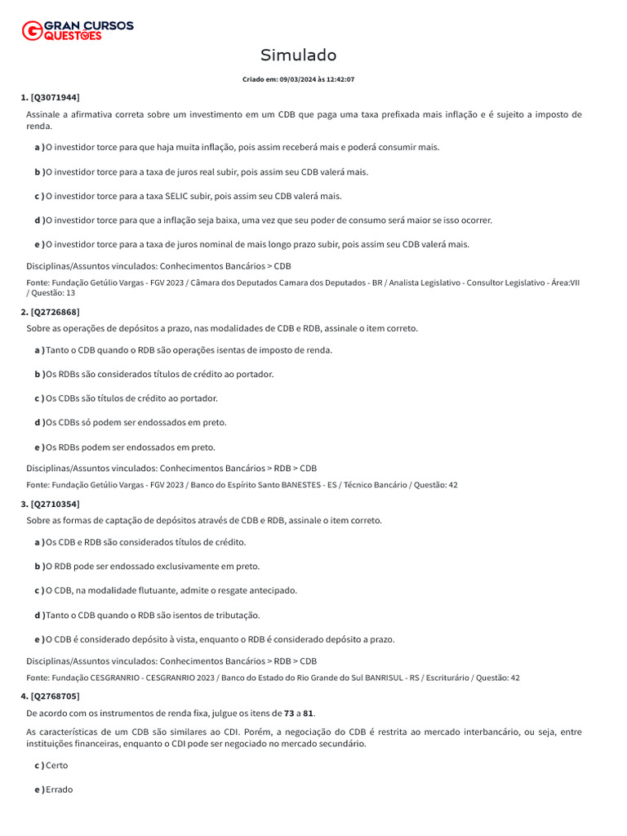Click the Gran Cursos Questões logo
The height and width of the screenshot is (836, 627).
click(x=78, y=30)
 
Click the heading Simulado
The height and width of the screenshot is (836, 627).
click(x=298, y=56)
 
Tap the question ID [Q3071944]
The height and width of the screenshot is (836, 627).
click(x=55, y=97)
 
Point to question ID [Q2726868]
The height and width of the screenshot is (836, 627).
click(x=55, y=312)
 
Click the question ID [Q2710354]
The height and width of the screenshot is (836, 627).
click(x=55, y=504)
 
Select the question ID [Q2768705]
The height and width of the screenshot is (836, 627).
click(x=55, y=696)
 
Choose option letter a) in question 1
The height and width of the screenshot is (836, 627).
click(x=39, y=148)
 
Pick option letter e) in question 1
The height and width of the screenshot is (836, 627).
click(x=39, y=244)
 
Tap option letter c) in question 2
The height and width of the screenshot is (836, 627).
click(x=39, y=398)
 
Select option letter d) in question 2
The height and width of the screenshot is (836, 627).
click(x=39, y=423)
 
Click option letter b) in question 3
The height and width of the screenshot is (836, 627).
click(x=39, y=567)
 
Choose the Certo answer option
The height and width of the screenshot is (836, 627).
click(x=57, y=766)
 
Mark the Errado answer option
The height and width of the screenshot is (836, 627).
click(x=59, y=790)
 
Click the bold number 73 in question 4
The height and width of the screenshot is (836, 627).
click(x=289, y=714)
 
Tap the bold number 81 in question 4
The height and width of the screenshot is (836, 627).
click(x=308, y=714)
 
